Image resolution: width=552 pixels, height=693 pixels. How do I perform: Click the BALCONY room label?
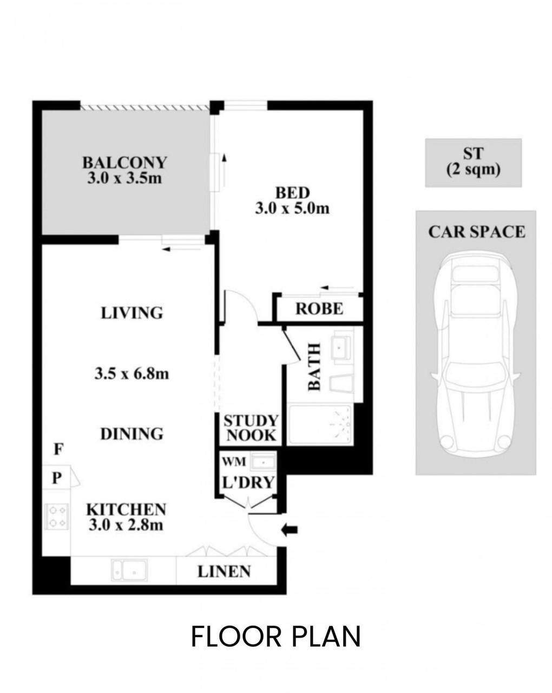[124, 163]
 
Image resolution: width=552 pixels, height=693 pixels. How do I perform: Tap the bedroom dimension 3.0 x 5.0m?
[292, 209]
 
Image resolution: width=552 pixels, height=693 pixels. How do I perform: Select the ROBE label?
[319, 309]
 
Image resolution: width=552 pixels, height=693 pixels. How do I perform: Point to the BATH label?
[314, 367]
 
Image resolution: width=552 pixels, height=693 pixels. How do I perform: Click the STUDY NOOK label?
[251, 428]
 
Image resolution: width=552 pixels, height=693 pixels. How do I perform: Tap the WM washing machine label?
[234, 462]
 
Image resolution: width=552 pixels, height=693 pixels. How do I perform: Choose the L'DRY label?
[248, 482]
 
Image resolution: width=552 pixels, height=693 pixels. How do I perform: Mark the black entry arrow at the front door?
[290, 530]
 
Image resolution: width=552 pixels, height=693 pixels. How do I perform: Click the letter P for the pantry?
[57, 478]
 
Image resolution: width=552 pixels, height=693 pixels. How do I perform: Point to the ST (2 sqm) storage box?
[473, 163]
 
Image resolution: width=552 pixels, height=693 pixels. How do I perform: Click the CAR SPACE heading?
[477, 232]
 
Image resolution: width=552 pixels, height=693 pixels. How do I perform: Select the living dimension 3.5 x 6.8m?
[132, 374]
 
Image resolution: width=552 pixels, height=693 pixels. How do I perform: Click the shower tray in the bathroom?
[320, 426]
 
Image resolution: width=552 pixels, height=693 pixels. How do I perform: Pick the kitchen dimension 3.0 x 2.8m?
[126, 525]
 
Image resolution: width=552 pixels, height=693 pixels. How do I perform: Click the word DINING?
[132, 434]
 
